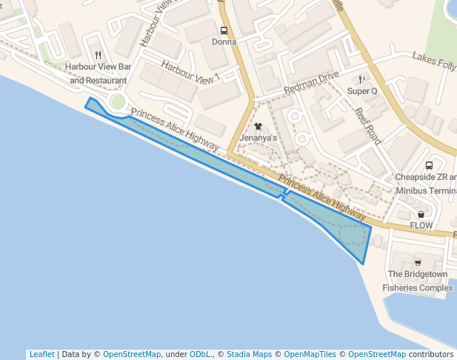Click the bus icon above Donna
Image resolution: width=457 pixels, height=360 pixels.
[224, 31]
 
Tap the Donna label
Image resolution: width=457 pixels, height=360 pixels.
[224, 42]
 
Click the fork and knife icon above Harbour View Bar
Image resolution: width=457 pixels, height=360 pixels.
[98, 56]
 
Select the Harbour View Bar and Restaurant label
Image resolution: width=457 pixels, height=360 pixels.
[98, 73]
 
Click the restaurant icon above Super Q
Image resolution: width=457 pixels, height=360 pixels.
[361, 79]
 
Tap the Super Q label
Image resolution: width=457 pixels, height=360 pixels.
[362, 91]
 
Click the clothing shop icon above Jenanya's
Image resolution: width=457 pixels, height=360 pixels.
[258, 127]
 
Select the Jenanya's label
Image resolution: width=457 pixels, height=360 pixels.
[258, 139]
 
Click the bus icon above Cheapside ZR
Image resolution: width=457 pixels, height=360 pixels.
[429, 166]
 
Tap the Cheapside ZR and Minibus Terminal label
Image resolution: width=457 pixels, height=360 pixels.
[426, 184]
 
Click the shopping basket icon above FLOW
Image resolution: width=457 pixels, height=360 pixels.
[421, 214]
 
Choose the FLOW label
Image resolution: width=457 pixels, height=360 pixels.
[421, 225]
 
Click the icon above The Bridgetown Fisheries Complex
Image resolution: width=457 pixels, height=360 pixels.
[418, 262]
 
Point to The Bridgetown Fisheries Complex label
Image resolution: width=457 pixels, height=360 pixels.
[418, 281]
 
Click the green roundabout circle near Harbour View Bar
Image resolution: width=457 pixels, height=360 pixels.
[117, 101]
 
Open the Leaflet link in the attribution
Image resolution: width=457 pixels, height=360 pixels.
[41, 355]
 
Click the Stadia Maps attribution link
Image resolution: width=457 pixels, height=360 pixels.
[248, 355]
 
